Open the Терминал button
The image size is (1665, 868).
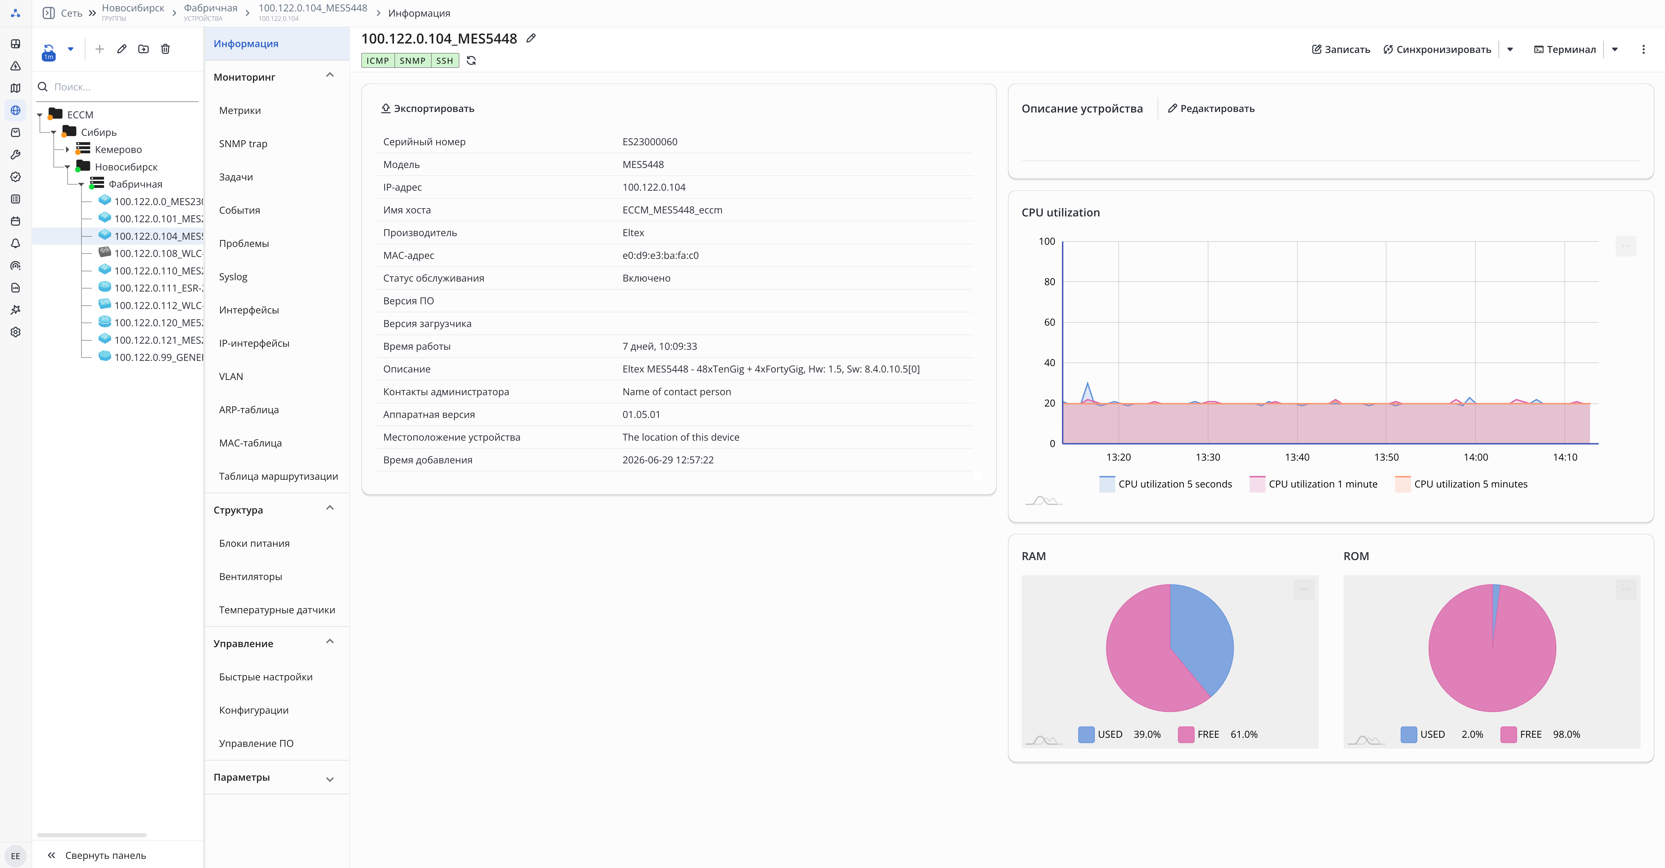click(1565, 49)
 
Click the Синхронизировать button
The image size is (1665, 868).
click(1437, 49)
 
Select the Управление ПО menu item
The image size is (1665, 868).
click(256, 743)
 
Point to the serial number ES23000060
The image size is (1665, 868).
click(650, 142)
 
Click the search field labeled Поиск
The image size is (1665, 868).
click(123, 87)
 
